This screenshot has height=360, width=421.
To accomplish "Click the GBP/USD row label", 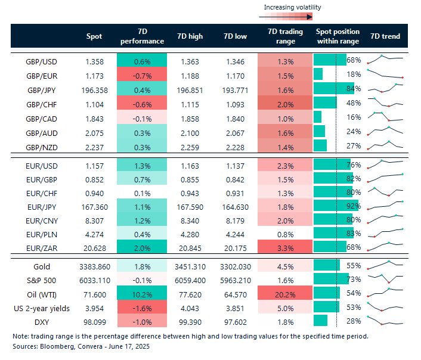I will click(41, 61).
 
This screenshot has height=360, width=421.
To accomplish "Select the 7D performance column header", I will click(142, 36).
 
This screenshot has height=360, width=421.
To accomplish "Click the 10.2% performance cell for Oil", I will click(142, 293).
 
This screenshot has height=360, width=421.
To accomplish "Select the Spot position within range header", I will click(338, 36).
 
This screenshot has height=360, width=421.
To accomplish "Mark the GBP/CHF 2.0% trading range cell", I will click(285, 104).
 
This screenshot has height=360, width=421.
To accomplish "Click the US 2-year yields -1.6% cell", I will click(142, 307).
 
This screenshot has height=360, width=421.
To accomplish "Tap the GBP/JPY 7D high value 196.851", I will click(189, 89).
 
